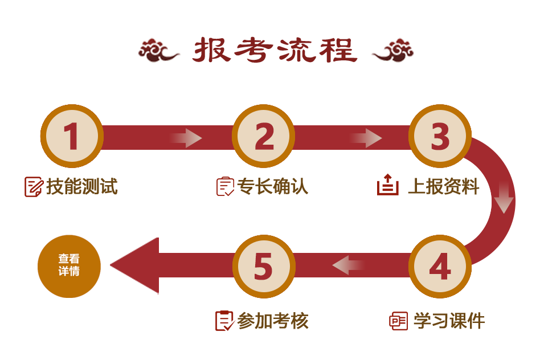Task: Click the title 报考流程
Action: [274, 50]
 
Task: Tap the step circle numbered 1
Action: [71, 136]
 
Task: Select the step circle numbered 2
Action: [263, 136]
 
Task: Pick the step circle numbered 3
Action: [440, 136]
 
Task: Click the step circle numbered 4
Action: [440, 266]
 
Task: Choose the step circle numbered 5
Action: [263, 266]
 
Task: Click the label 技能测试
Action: [82, 186]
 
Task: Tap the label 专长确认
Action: [272, 186]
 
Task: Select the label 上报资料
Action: [444, 186]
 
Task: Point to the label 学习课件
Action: [449, 321]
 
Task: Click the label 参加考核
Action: [273, 321]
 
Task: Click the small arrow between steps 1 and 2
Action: [186, 137]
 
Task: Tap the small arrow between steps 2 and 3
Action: [366, 137]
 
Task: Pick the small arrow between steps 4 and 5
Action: [348, 264]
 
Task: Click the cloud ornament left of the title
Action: [158, 51]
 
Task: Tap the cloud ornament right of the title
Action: [392, 51]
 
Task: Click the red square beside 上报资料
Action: [387, 185]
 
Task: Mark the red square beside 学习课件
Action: [398, 321]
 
